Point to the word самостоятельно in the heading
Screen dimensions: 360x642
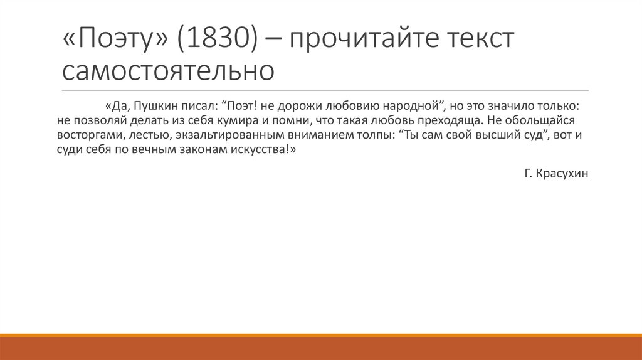click(168, 70)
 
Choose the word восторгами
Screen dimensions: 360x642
click(92, 135)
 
